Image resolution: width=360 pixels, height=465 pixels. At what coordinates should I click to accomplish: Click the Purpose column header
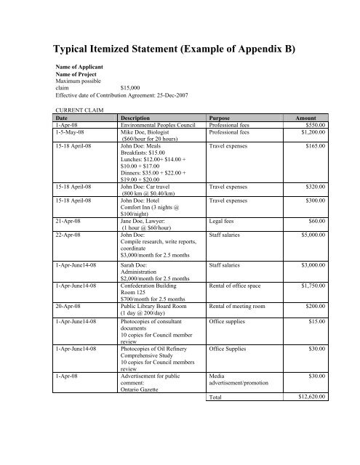(x=221, y=118)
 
